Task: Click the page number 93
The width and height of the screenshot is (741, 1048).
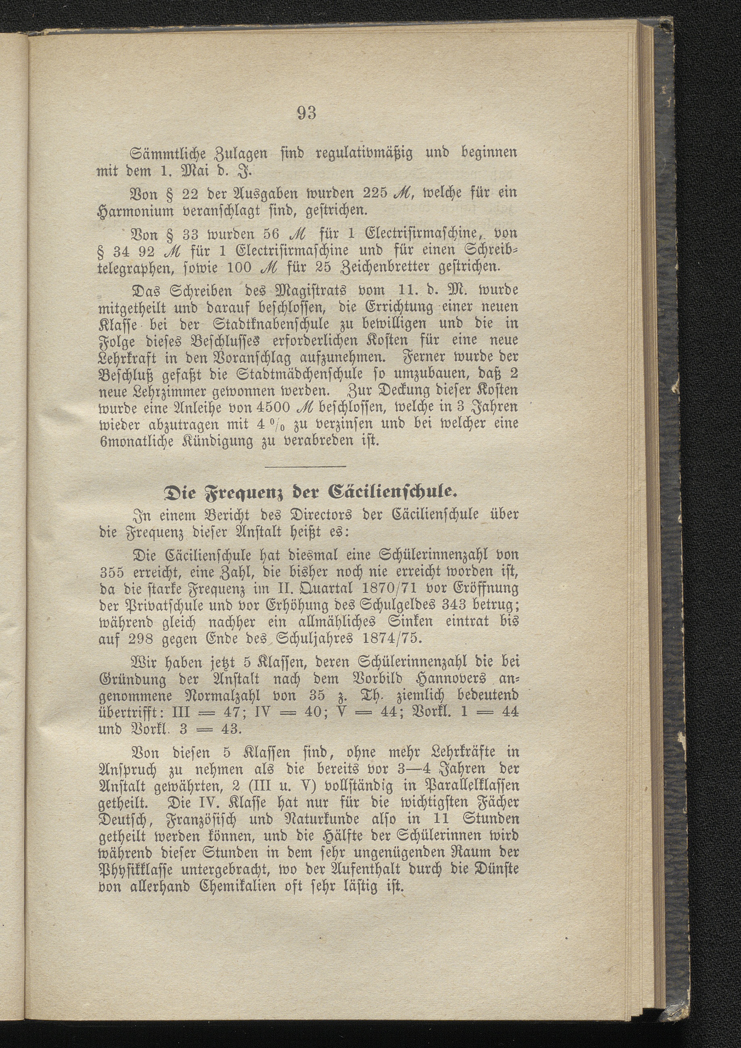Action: [306, 113]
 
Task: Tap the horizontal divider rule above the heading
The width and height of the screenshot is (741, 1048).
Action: [306, 466]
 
